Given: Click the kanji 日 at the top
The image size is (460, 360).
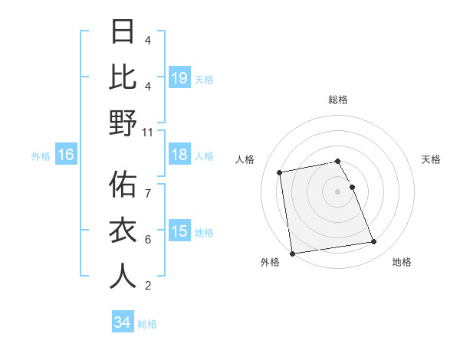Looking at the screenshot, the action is pyautogui.click(x=123, y=32).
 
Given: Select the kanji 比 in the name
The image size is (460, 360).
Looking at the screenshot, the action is pyautogui.click(x=123, y=77).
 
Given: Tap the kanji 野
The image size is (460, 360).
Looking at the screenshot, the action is pyautogui.click(x=123, y=123).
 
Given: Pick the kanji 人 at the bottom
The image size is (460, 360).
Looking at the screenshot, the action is pyautogui.click(x=123, y=276).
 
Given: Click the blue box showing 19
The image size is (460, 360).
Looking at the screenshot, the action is pyautogui.click(x=179, y=77).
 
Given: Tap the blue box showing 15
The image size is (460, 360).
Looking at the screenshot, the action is pyautogui.click(x=179, y=232).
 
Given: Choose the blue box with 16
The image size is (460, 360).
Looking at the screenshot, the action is pyautogui.click(x=66, y=155).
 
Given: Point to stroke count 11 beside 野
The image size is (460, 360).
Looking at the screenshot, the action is pyautogui.click(x=147, y=132).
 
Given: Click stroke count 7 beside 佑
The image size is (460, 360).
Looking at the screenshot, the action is pyautogui.click(x=147, y=185).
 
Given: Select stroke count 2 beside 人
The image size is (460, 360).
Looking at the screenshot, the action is pyautogui.click(x=147, y=286).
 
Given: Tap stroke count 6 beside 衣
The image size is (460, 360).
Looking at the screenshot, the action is pyautogui.click(x=147, y=240).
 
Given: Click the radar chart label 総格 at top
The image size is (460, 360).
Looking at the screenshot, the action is pyautogui.click(x=337, y=100).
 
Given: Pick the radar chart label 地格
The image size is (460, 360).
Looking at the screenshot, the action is pyautogui.click(x=402, y=262).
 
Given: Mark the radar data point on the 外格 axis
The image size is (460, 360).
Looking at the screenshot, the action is pyautogui.click(x=292, y=253).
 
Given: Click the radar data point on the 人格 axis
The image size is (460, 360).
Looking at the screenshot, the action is pyautogui.click(x=280, y=172).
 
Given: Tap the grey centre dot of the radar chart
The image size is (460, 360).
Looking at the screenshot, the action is pyautogui.click(x=337, y=191).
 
